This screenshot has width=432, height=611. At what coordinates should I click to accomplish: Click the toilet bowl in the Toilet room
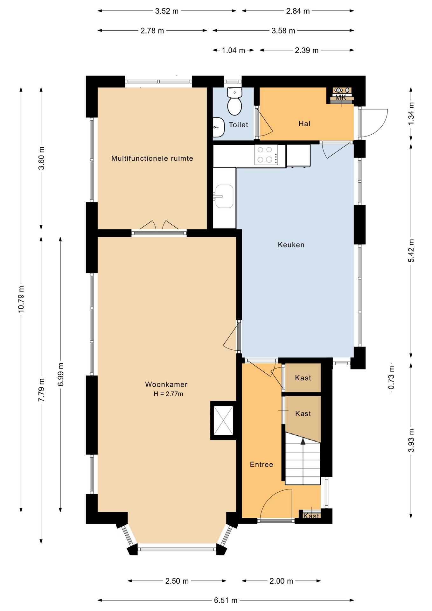[234, 102]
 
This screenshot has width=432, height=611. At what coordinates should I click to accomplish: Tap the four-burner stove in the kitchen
[266, 155]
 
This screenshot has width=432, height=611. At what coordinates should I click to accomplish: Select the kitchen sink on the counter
[224, 196]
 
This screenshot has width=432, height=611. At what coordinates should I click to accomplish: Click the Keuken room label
[291, 245]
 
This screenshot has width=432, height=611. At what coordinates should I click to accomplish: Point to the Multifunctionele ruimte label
[152, 158]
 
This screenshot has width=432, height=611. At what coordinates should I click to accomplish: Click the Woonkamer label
[166, 384]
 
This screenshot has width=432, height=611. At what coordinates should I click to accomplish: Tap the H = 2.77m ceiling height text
[168, 394]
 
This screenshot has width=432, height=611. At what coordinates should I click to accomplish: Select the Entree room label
[261, 465]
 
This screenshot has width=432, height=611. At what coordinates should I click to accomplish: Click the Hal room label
[304, 123]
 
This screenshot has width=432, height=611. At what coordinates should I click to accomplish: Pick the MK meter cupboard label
[341, 98]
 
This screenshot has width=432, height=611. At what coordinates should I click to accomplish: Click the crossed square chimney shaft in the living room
[223, 420]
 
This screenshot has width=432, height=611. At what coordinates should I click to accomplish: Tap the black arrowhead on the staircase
[303, 441]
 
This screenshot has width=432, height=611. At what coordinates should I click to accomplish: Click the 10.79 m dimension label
[21, 299]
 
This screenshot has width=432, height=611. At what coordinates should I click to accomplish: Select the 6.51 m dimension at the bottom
[226, 600]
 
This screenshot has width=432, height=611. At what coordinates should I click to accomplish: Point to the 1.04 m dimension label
[233, 50]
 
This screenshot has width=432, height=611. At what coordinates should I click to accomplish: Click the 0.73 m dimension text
[391, 377]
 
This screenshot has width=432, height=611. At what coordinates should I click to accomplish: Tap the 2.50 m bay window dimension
[177, 581]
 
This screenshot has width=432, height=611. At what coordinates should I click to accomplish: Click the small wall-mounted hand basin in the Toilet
[218, 127]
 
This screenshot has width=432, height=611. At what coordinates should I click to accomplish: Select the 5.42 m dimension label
[411, 251]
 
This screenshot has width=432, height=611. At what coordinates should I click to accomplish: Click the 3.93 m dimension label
[411, 440]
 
